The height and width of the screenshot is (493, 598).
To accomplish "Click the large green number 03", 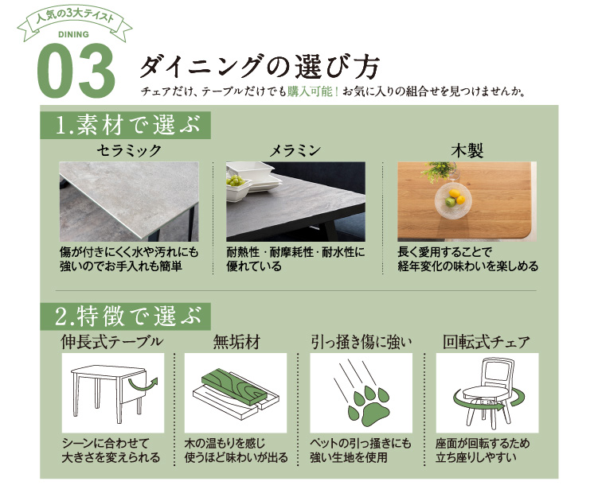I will coord(77,71).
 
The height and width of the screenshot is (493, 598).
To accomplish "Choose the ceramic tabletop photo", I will coord(129,201).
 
